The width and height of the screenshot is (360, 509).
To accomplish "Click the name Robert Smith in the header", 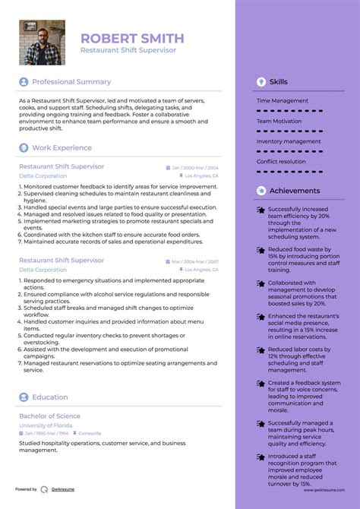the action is point(132,38).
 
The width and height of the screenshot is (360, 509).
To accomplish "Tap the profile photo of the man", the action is point(42,43).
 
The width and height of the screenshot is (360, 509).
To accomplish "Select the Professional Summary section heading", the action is point(71,82).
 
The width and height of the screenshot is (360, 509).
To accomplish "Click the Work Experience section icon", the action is point(24,148).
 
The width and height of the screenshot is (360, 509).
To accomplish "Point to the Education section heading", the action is point(51,397).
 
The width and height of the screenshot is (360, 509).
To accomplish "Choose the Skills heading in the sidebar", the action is point(279,81).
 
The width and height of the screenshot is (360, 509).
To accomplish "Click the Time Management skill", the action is point(283,100).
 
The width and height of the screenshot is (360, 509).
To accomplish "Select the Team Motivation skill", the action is point(279,121).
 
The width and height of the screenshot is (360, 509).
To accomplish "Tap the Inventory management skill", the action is point(289,141).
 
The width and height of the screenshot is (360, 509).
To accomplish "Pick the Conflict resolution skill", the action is point(282,161).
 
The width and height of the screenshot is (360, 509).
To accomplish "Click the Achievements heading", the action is point(295,191).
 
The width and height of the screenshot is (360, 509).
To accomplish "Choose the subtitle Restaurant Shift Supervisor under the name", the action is point(128,50).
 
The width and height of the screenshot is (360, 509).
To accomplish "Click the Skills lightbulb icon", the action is point(261,81).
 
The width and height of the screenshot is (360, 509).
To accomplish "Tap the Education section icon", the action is point(24,397).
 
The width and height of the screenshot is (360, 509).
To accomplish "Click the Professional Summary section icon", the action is point(24,82).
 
